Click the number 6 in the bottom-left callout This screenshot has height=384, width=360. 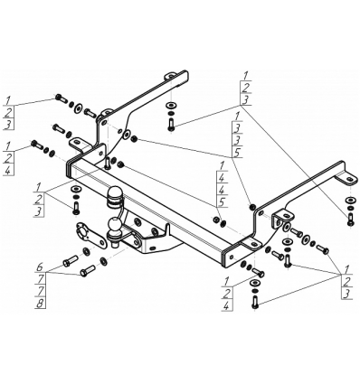tap(39, 267)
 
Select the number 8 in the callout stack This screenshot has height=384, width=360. tap(40, 304)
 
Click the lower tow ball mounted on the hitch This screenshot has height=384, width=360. tap(115, 226)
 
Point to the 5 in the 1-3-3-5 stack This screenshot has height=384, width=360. tap(237, 153)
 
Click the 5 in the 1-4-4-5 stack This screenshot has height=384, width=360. tap(223, 202)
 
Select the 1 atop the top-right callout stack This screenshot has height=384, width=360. tap(246, 75)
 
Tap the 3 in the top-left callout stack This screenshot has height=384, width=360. tap(8, 124)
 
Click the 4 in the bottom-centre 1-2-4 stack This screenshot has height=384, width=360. tap(226, 305)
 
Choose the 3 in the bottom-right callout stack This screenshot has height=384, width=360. tap(347, 294)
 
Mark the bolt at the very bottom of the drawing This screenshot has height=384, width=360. tap(255, 302)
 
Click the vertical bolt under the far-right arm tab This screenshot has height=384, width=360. tap(350, 220)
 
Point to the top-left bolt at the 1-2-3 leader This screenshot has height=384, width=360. tap(61, 98)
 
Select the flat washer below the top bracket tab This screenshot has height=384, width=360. tap(171, 106)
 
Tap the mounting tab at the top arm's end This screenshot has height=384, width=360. tap(170, 76)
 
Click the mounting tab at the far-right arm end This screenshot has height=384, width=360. tap(348, 179)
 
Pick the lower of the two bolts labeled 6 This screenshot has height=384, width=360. tap(88, 270)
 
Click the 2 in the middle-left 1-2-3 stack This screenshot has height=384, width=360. tap(39, 199)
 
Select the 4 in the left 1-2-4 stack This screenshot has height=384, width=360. tap(8, 171)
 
